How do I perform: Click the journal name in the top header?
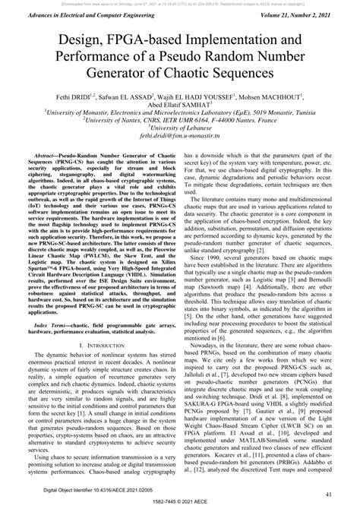[84, 14]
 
